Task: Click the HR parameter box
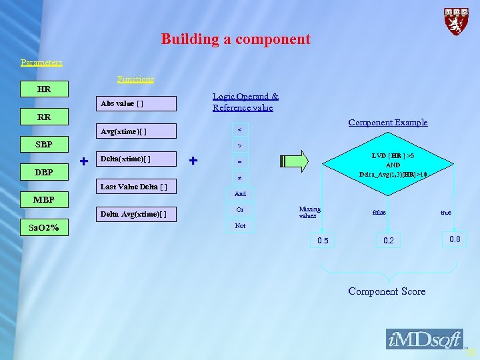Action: pyautogui.click(x=44, y=89)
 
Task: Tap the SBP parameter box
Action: pyautogui.click(x=44, y=145)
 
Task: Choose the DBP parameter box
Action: pyautogui.click(x=44, y=173)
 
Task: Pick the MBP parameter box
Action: pyautogui.click(x=44, y=199)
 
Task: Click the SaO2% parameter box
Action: pyautogui.click(x=44, y=228)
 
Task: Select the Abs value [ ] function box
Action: pyautogui.click(x=136, y=103)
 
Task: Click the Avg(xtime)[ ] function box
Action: pyautogui.click(x=136, y=131)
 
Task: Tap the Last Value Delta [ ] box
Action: pyautogui.click(x=136, y=186)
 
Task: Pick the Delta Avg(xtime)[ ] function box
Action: pyautogui.click(x=136, y=214)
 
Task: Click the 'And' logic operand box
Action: pyautogui.click(x=240, y=194)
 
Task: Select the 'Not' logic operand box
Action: pyautogui.click(x=240, y=226)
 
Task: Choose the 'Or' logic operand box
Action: pyautogui.click(x=240, y=210)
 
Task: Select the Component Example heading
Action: pyautogui.click(x=387, y=123)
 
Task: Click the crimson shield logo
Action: pyautogui.click(x=457, y=21)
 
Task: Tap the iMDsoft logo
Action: pyautogui.click(x=424, y=339)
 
